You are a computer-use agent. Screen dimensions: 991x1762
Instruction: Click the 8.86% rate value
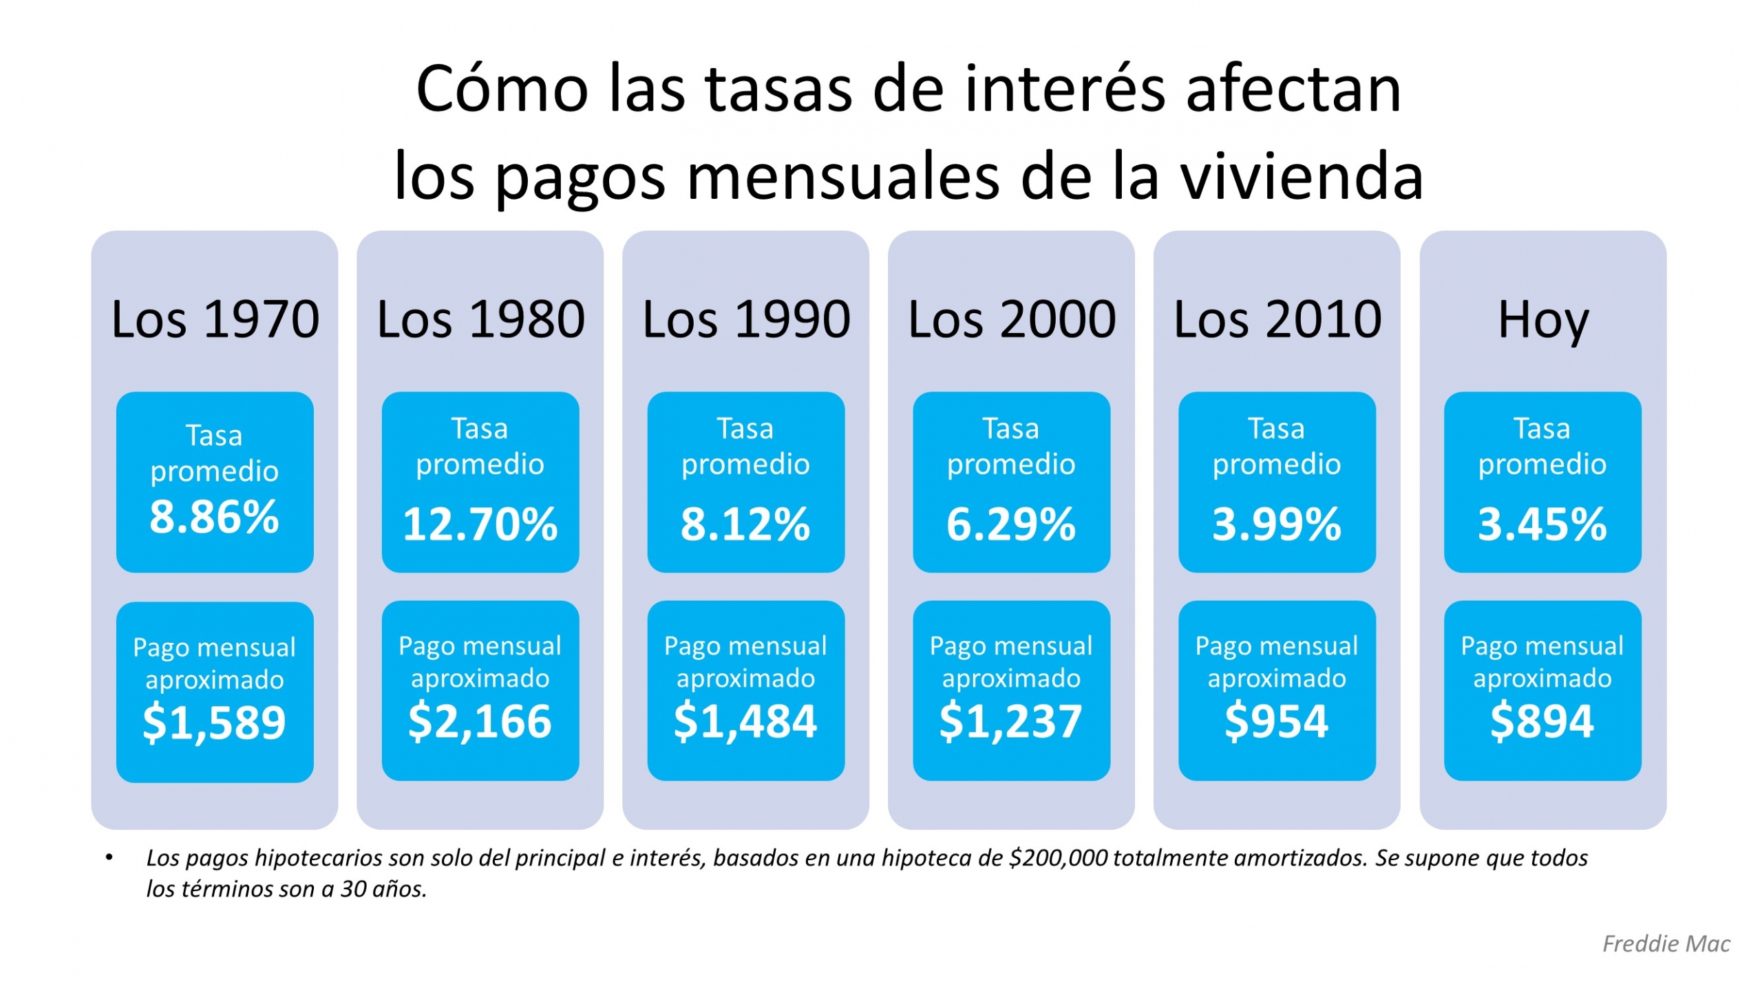click(x=214, y=517)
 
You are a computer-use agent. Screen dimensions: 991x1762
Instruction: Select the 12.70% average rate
click(x=480, y=524)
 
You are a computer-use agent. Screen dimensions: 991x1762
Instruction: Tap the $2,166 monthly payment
click(x=480, y=721)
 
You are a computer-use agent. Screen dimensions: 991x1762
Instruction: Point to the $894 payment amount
click(x=1542, y=721)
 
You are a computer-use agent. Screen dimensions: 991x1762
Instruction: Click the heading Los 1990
click(x=746, y=319)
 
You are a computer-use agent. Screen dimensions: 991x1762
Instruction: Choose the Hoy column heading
click(x=1542, y=321)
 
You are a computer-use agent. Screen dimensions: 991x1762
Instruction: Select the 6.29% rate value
click(x=1010, y=524)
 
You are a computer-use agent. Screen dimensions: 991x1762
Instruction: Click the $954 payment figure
click(x=1276, y=721)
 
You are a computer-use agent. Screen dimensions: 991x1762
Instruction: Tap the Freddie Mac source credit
click(x=1666, y=944)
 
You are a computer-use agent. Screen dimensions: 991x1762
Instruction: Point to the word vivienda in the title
click(x=1302, y=177)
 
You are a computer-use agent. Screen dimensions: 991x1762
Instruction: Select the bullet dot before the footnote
click(x=109, y=857)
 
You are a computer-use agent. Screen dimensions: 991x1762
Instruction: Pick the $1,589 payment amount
click(x=214, y=723)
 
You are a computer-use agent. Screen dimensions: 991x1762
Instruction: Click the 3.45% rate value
click(x=1542, y=524)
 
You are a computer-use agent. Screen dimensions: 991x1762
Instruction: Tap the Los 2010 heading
click(x=1277, y=319)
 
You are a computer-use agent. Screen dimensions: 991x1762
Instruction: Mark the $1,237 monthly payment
click(x=1010, y=721)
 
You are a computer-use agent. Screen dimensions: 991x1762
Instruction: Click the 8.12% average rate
click(x=745, y=524)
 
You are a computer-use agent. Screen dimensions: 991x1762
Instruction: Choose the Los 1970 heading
click(x=215, y=319)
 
